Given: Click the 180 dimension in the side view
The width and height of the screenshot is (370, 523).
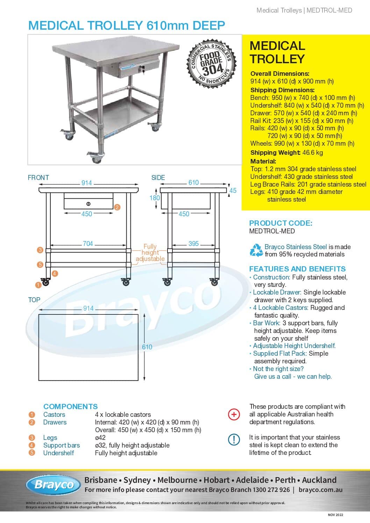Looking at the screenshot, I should click(155, 198).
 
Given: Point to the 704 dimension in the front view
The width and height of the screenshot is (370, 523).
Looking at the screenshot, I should click(88, 244).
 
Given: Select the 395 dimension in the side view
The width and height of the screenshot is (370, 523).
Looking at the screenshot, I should click(193, 244).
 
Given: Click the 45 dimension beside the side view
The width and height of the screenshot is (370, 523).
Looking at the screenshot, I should click(233, 190).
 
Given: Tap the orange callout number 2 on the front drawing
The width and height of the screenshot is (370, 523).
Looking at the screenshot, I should click(117, 207).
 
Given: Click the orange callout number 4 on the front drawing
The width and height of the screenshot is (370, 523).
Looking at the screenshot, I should click(55, 273).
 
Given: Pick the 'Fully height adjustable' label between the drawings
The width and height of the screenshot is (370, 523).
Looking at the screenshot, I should click(150, 253).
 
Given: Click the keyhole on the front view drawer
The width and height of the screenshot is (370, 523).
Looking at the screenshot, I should click(88, 204).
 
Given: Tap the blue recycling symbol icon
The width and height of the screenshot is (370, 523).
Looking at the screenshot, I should click(256, 250).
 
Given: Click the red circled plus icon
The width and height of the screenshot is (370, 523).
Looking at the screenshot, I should click(234, 414).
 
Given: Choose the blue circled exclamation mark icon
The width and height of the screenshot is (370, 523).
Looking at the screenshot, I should click(234, 440).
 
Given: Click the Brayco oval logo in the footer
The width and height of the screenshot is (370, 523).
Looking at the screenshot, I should click(54, 485).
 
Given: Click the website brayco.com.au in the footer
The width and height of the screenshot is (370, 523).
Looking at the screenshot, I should click(320, 490).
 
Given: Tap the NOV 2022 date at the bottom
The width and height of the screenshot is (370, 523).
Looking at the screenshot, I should click(335, 515).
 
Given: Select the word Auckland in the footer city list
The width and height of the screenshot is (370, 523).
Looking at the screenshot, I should click(319, 480).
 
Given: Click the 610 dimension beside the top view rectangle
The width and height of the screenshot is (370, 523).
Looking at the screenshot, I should click(147, 347).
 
